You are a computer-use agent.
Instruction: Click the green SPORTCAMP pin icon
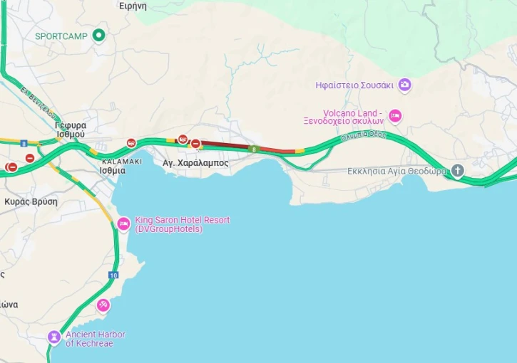tap(99, 35)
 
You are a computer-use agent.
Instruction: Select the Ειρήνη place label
tap(133, 6)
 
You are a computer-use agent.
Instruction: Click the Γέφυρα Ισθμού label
tap(70, 129)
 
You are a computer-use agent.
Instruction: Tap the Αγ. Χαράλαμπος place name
tap(195, 163)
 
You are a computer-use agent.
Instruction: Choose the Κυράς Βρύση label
tap(31, 201)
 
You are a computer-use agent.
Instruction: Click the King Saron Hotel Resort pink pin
tap(123, 223)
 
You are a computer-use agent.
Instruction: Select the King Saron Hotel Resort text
tap(182, 224)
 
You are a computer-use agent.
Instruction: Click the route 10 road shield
tap(113, 275)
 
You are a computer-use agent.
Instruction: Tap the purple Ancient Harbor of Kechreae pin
tap(54, 336)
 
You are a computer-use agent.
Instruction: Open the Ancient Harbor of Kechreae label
tap(95, 339)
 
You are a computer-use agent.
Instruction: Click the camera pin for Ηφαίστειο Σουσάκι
tap(404, 85)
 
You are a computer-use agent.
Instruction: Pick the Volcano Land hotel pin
tap(394, 116)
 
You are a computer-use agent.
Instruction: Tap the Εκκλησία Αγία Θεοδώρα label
tap(396, 171)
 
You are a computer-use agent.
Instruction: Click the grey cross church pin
tap(457, 171)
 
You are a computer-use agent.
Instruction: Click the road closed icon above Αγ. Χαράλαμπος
tap(195, 144)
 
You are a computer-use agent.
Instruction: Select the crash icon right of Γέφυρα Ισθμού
tap(131, 143)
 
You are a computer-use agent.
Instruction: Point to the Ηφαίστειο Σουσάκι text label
tap(354, 85)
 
